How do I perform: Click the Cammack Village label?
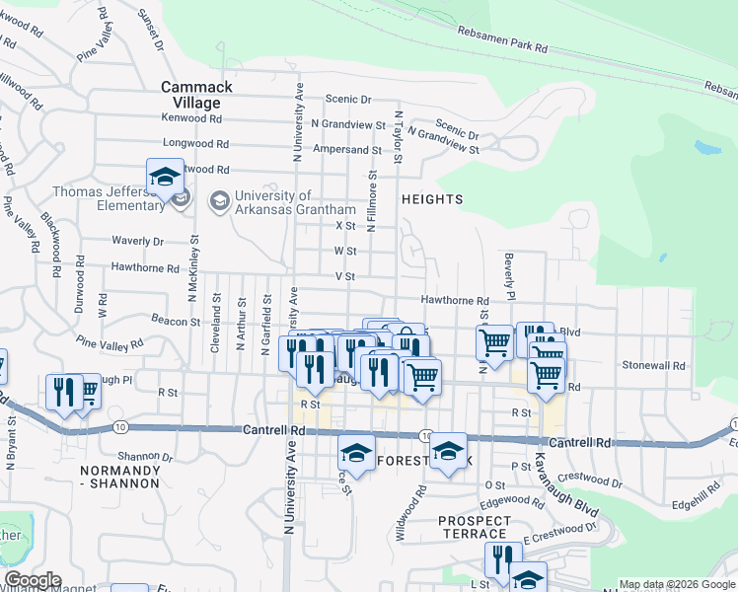click(197, 95)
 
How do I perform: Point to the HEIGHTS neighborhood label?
click(432, 199)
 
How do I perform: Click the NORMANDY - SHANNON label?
click(119, 477)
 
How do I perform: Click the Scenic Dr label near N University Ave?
click(348, 100)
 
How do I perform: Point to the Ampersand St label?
click(346, 150)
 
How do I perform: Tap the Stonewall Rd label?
click(653, 365)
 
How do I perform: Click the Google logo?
click(32, 580)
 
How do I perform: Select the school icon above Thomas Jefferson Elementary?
click(165, 178)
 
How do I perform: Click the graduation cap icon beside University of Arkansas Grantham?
click(218, 201)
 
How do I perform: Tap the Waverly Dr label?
click(137, 241)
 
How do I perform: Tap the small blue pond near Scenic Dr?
click(707, 148)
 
